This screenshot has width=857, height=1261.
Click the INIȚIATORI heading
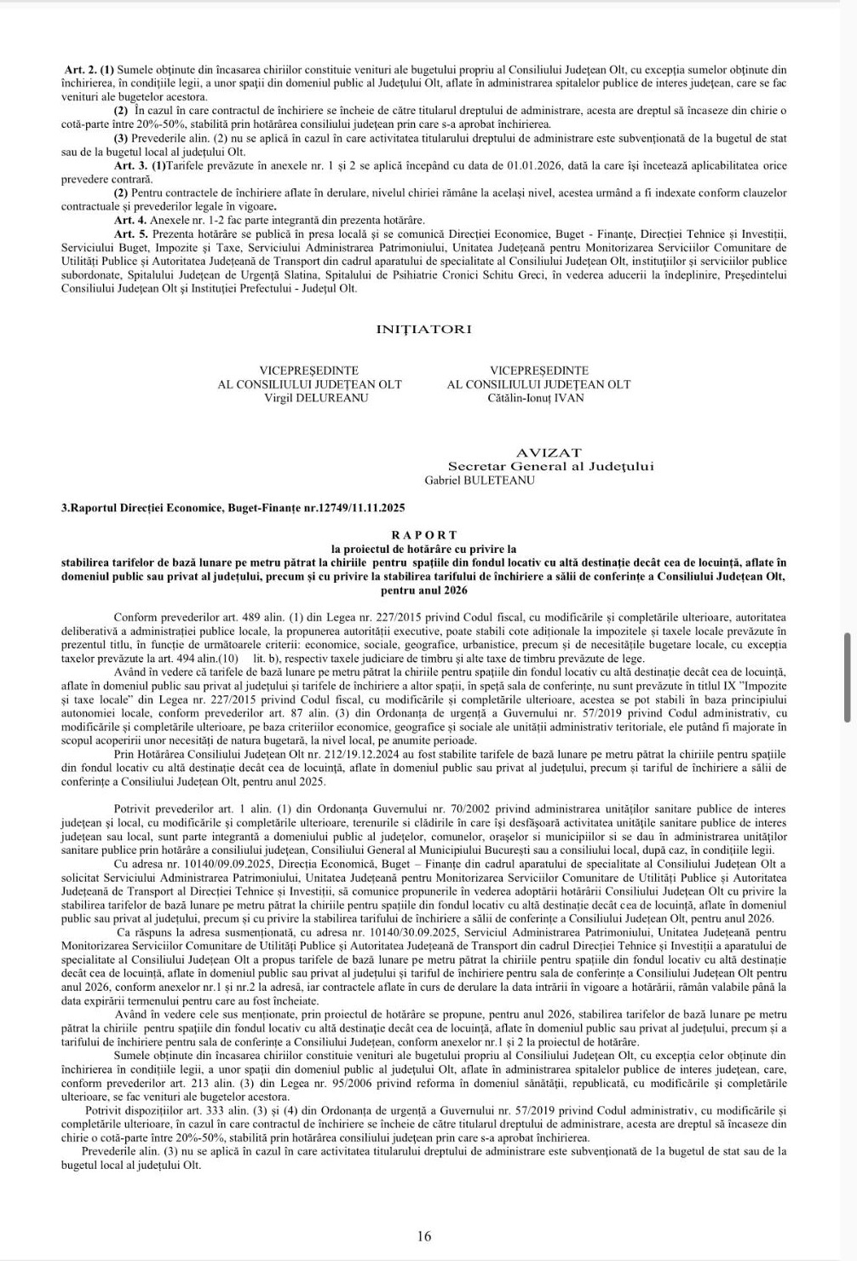click(x=423, y=329)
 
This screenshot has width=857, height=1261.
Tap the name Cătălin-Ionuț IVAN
click(x=537, y=398)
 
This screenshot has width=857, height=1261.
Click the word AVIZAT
click(x=549, y=452)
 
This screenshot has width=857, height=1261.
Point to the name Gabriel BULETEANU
click(x=480, y=480)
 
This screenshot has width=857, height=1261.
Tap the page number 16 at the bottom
click(x=424, y=1236)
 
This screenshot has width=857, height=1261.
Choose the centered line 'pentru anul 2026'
click(x=423, y=590)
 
